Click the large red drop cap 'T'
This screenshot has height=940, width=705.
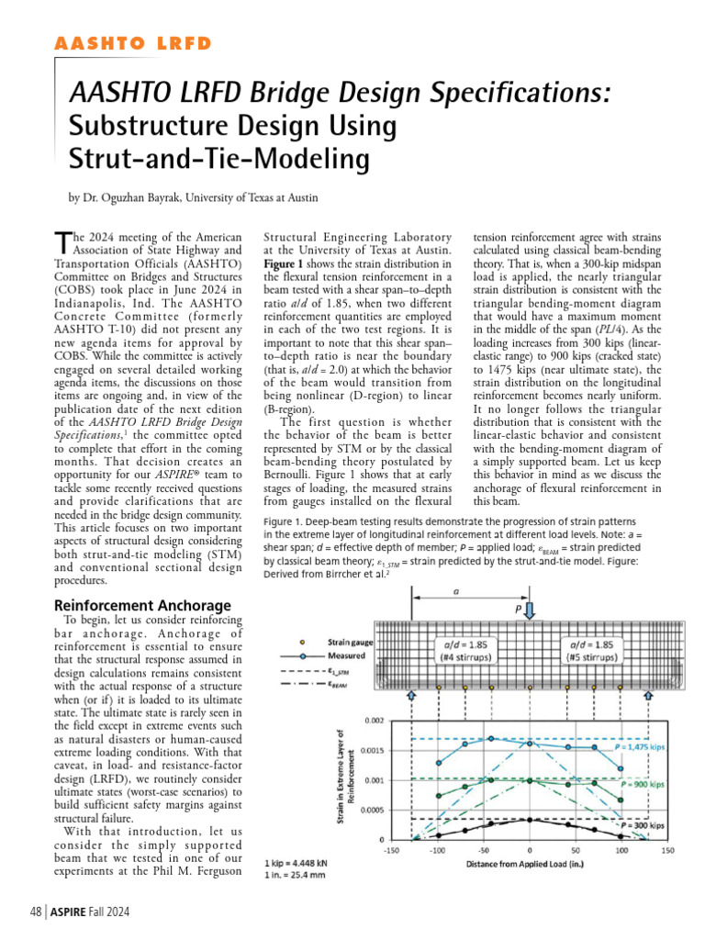[62, 241]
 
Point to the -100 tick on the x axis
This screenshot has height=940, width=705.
[437, 850]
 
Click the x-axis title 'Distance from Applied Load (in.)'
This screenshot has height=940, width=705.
[528, 863]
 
